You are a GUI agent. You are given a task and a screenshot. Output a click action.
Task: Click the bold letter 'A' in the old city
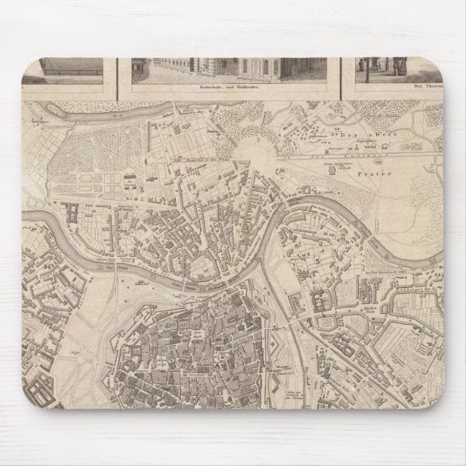214,357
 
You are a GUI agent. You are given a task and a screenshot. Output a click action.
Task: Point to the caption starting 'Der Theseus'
410,88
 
